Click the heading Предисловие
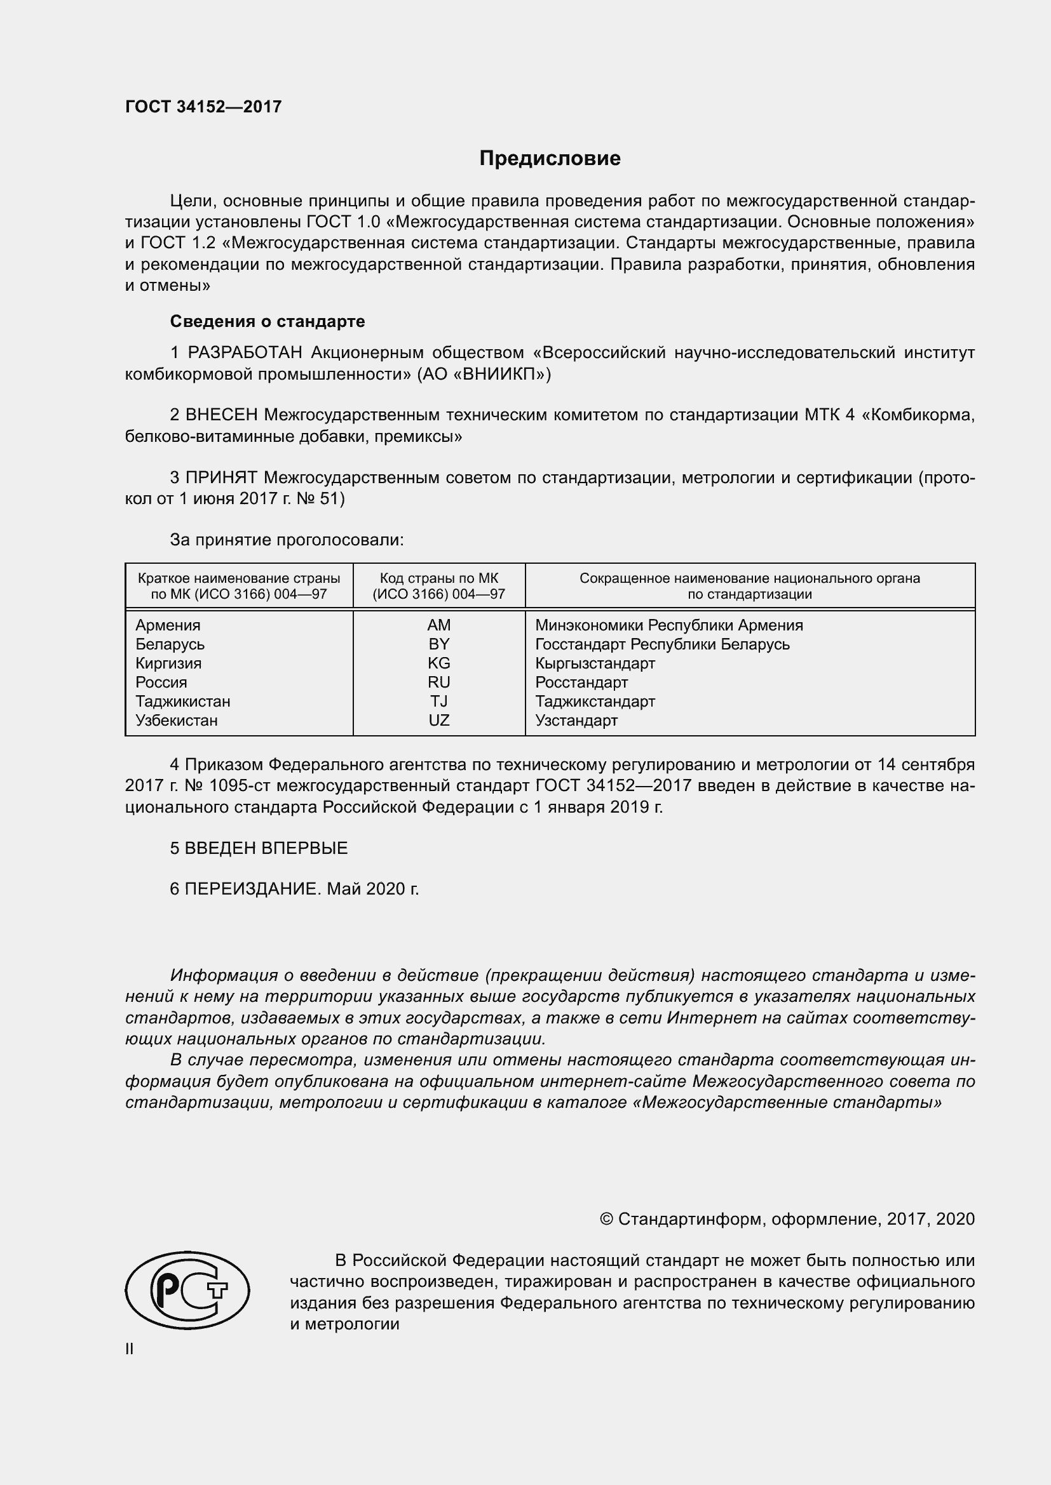click(x=550, y=159)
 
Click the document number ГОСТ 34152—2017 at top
click(x=203, y=107)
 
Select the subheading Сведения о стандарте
click(x=268, y=321)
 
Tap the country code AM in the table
click(x=439, y=625)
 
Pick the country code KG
click(x=439, y=663)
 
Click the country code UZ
click(x=439, y=720)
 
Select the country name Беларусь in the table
click(x=170, y=644)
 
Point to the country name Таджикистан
click(x=182, y=701)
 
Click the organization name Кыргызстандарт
click(x=595, y=663)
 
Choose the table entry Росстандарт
click(x=581, y=683)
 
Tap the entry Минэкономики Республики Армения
click(x=668, y=625)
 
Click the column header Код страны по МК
click(x=439, y=578)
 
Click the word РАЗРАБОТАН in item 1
click(x=245, y=352)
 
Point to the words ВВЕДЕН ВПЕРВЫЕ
click(x=266, y=848)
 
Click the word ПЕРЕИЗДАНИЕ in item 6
click(x=252, y=889)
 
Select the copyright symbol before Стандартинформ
click(x=606, y=1219)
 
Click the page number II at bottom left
click(x=130, y=1348)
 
